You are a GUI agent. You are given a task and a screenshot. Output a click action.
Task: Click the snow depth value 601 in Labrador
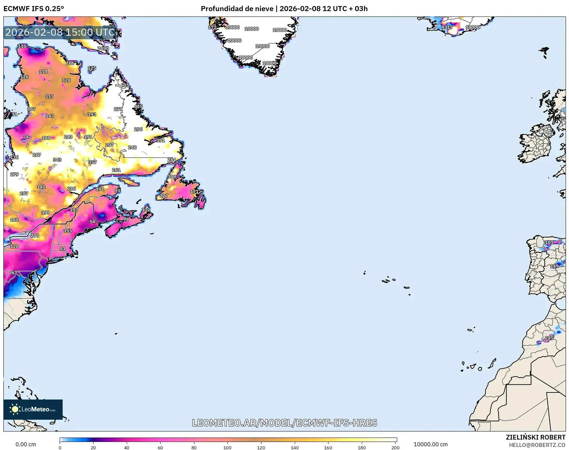[x=125, y=85]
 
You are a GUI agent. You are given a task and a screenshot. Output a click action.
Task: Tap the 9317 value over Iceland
[x=447, y=27]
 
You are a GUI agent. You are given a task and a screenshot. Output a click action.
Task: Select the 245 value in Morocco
[x=549, y=338]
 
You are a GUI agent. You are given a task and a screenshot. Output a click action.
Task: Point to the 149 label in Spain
[x=554, y=266]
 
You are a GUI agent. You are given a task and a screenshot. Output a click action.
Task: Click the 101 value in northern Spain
[x=549, y=242]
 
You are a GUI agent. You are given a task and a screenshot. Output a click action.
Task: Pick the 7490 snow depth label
[x=103, y=48]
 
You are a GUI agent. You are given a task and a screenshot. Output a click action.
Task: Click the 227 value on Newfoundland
[x=164, y=196]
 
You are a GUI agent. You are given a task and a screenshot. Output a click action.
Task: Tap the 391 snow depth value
[x=160, y=140]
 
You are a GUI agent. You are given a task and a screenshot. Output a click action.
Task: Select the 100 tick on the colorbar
[x=227, y=447]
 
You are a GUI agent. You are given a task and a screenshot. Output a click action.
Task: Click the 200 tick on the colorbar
[x=396, y=447]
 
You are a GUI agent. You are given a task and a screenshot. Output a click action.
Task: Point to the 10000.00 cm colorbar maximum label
[x=431, y=444]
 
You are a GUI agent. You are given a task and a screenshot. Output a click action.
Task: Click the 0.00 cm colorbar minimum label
[x=26, y=444]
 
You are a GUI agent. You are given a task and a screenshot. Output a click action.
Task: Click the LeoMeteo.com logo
[x=33, y=409]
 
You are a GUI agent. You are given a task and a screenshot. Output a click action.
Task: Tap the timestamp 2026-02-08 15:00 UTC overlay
[x=60, y=32]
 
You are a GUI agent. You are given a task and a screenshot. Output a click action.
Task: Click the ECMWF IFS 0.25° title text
[x=34, y=8]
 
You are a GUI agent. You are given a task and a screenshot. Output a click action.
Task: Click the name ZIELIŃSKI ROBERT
[x=535, y=437]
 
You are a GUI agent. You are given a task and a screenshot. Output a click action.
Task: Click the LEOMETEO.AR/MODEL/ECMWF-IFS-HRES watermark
[x=284, y=423]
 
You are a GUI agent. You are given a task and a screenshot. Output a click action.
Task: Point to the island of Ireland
[x=536, y=145]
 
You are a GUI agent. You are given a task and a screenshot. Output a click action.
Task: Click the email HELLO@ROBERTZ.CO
[x=537, y=445]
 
